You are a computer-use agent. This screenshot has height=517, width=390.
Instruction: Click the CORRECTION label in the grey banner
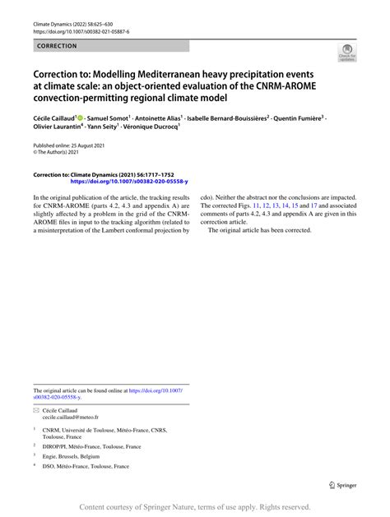(x=52, y=46)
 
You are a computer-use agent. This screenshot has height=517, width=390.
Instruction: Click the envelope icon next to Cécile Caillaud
(x=36, y=409)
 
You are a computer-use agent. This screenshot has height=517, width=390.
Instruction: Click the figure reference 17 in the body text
(x=313, y=205)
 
